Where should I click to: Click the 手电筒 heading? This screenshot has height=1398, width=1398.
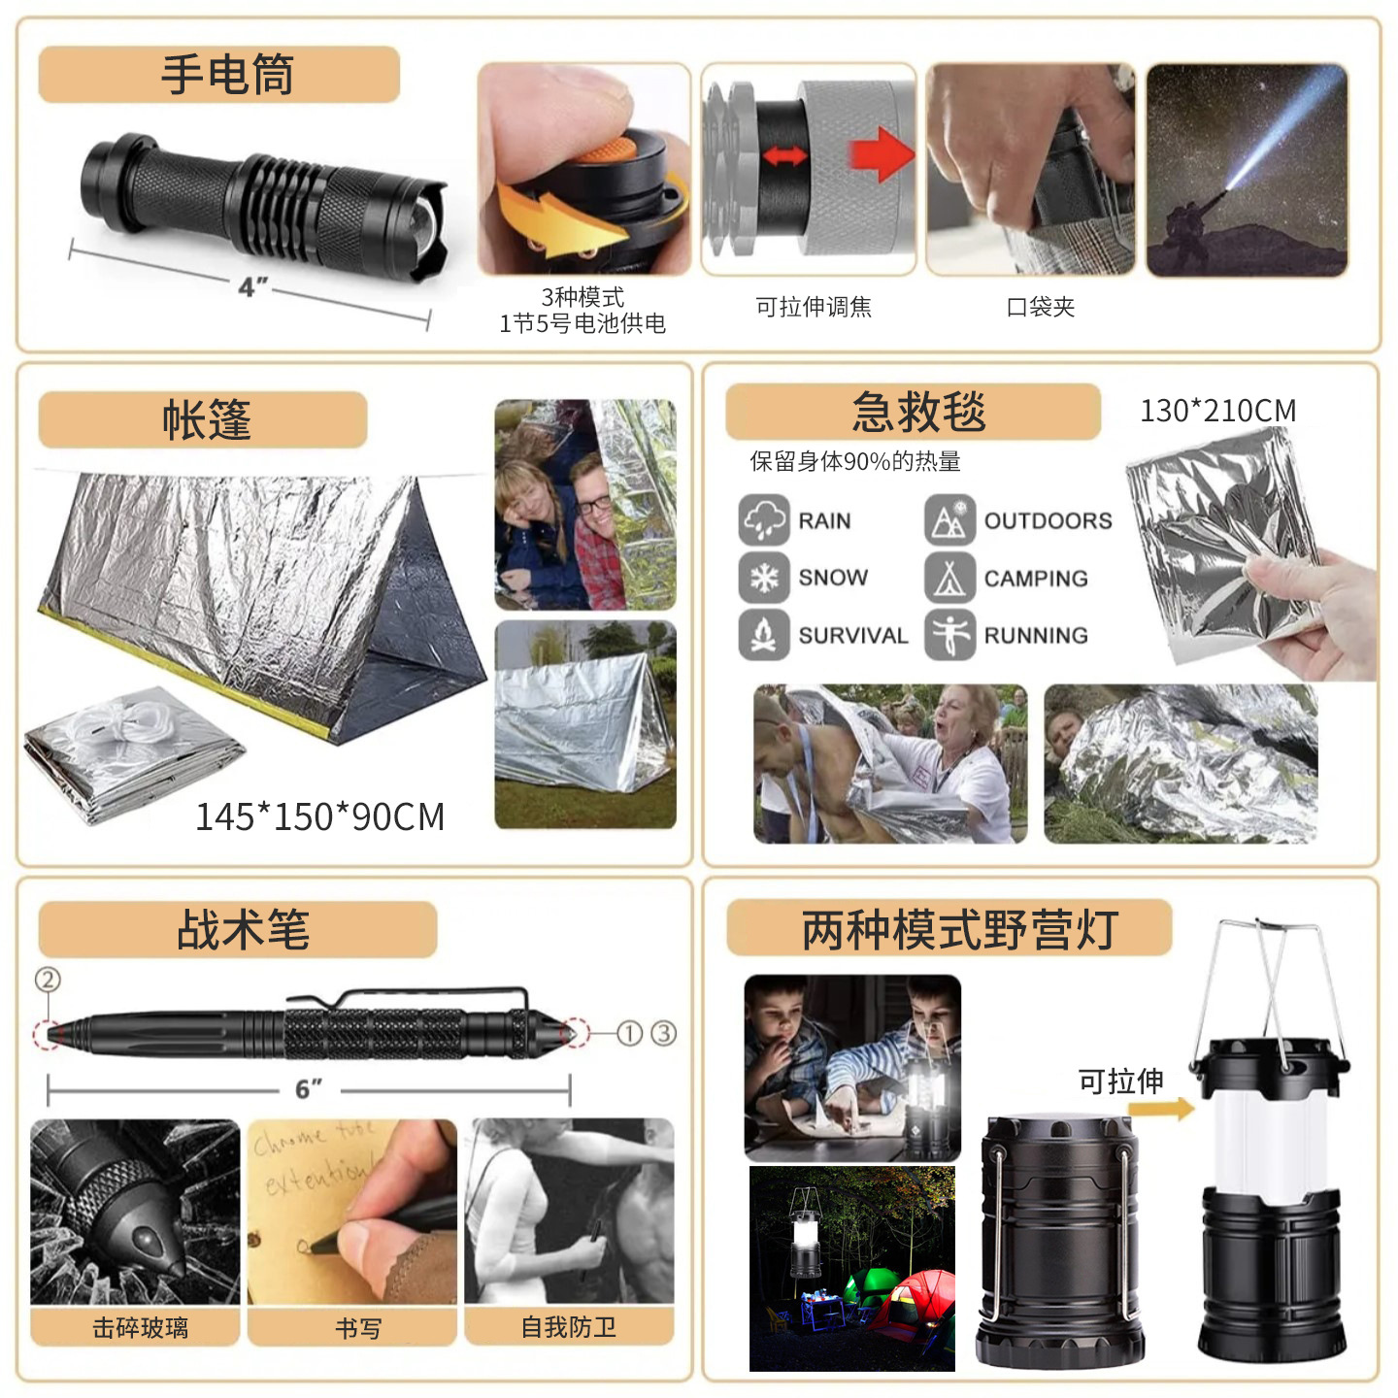[227, 75]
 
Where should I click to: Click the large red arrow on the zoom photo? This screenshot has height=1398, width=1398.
[882, 153]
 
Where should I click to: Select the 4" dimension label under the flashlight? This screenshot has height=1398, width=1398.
[252, 286]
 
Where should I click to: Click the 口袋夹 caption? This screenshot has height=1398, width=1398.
[1040, 306]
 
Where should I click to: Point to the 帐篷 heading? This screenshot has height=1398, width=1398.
[207, 419]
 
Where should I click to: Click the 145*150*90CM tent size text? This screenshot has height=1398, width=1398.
[320, 816]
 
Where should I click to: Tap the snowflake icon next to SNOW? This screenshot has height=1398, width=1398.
[763, 578]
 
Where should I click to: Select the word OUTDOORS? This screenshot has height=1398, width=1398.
[1048, 520]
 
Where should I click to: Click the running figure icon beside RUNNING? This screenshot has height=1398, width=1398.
[949, 635]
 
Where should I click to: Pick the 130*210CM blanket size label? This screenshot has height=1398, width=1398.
[1217, 411]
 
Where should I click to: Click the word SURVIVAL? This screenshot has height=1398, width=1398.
[853, 636]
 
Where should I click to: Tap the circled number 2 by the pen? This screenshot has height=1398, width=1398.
[48, 980]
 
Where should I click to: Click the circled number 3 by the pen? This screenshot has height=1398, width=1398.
[663, 1033]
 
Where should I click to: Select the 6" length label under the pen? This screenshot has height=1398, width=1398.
[309, 1089]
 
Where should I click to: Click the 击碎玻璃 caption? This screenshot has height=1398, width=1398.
[140, 1328]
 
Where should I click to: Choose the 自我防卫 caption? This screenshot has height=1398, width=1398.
[569, 1327]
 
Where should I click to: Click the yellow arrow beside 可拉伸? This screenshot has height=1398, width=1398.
[1161, 1108]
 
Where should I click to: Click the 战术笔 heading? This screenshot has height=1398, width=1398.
[243, 929]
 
